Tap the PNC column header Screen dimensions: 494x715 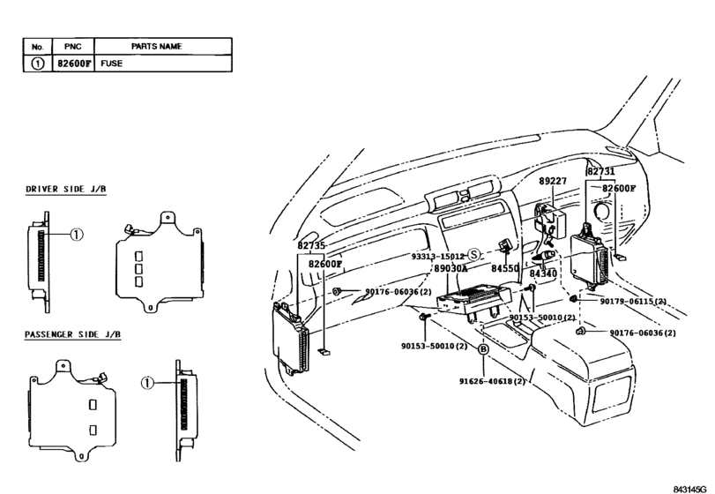click(71, 46)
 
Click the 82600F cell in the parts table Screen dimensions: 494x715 click(71, 64)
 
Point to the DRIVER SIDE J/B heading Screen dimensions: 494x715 click(65, 190)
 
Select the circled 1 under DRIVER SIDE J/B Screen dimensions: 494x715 click(77, 236)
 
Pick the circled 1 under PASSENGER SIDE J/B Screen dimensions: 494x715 click(148, 383)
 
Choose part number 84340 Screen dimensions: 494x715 click(543, 274)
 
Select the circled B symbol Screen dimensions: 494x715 click(483, 350)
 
